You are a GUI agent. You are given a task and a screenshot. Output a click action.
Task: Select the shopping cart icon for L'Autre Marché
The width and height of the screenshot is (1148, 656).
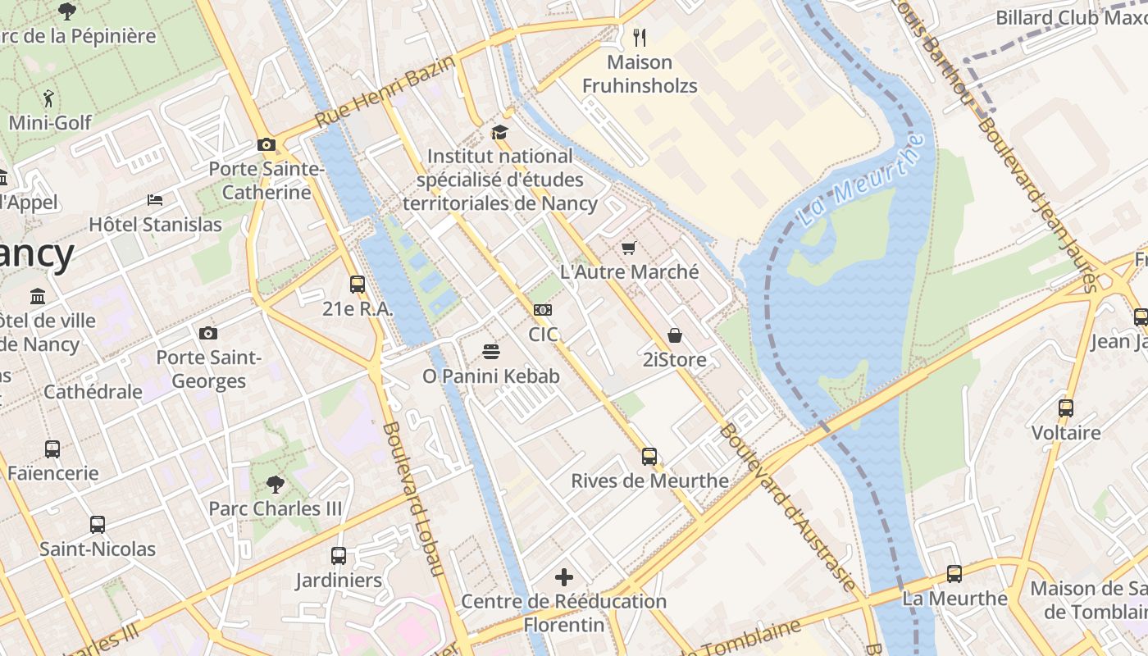click(x=629, y=248)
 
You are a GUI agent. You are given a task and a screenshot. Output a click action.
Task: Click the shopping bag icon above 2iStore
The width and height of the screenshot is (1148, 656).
click(x=674, y=335)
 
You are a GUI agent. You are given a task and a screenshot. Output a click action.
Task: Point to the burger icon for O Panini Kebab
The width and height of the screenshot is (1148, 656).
click(x=491, y=352)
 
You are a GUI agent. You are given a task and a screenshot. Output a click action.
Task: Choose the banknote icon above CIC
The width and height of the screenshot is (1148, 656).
click(x=543, y=310)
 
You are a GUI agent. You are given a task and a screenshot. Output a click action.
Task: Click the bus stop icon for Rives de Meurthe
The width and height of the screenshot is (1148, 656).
click(x=649, y=457)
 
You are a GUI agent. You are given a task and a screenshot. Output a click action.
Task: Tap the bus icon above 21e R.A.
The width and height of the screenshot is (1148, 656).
click(x=358, y=285)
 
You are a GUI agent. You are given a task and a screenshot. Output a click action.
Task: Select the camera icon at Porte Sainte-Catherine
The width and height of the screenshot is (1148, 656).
click(x=266, y=145)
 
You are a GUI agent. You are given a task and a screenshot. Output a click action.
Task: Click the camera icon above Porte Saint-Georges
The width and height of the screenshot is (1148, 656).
click(x=208, y=333)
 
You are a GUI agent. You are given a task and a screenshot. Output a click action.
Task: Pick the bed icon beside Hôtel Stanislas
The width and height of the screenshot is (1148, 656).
click(x=155, y=200)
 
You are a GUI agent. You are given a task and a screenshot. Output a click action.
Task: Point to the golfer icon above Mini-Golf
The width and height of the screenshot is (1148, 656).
click(x=48, y=98)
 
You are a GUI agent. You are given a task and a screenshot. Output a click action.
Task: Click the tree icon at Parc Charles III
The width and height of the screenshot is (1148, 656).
click(x=276, y=485)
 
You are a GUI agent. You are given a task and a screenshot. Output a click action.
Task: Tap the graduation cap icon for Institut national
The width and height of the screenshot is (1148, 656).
click(x=499, y=132)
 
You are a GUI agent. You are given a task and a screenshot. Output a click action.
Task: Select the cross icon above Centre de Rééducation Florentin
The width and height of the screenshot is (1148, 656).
click(x=564, y=577)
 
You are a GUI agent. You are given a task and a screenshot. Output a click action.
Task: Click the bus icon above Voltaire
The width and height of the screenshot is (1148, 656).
click(x=1066, y=408)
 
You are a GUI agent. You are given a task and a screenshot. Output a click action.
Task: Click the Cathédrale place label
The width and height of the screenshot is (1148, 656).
click(x=93, y=392)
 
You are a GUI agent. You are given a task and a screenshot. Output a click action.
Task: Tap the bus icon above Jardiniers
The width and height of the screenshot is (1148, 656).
click(x=339, y=556)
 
